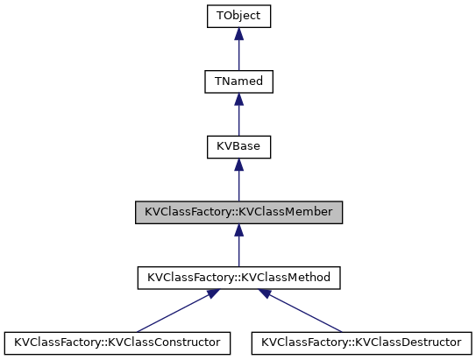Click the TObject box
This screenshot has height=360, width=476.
tap(238, 16)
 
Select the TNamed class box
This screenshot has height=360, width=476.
tap(238, 81)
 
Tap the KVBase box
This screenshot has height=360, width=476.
tap(238, 146)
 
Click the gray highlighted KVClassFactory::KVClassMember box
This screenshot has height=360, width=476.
tap(238, 212)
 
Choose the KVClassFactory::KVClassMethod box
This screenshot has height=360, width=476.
tap(238, 278)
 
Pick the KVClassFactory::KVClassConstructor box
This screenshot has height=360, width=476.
tap(117, 342)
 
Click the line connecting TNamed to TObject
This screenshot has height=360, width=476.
tap(238, 54)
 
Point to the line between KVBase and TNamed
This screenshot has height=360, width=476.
tap(238, 120)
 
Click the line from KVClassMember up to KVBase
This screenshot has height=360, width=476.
tap(238, 186)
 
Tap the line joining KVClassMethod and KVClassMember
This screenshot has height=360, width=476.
tap(238, 251)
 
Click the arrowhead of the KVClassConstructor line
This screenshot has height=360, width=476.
tap(207, 296)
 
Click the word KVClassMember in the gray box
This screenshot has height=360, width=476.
tap(290, 212)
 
